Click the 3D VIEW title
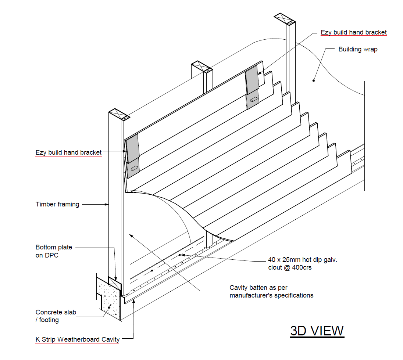(x=317, y=331)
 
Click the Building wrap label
(x=357, y=49)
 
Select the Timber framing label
(x=57, y=204)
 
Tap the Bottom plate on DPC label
(x=54, y=251)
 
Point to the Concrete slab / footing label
(x=56, y=316)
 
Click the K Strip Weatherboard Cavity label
(x=78, y=339)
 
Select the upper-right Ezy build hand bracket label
(x=354, y=32)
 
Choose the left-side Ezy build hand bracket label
(x=69, y=152)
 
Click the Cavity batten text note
(x=271, y=291)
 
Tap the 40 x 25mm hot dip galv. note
(x=303, y=260)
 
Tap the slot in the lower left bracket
(x=134, y=168)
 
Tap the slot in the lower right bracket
(x=254, y=100)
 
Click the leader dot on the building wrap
(x=314, y=80)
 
